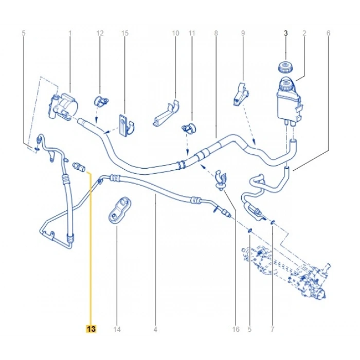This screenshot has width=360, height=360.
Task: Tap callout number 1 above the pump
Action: pos(70,33)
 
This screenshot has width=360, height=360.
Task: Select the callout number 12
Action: pos(100,33)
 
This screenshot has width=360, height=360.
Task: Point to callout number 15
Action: pos(124,33)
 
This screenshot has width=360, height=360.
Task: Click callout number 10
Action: pos(175,33)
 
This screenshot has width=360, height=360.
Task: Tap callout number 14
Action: pos(117,329)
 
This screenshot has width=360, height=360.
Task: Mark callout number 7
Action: pos(273,329)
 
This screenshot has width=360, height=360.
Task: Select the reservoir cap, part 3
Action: pos(283,67)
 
